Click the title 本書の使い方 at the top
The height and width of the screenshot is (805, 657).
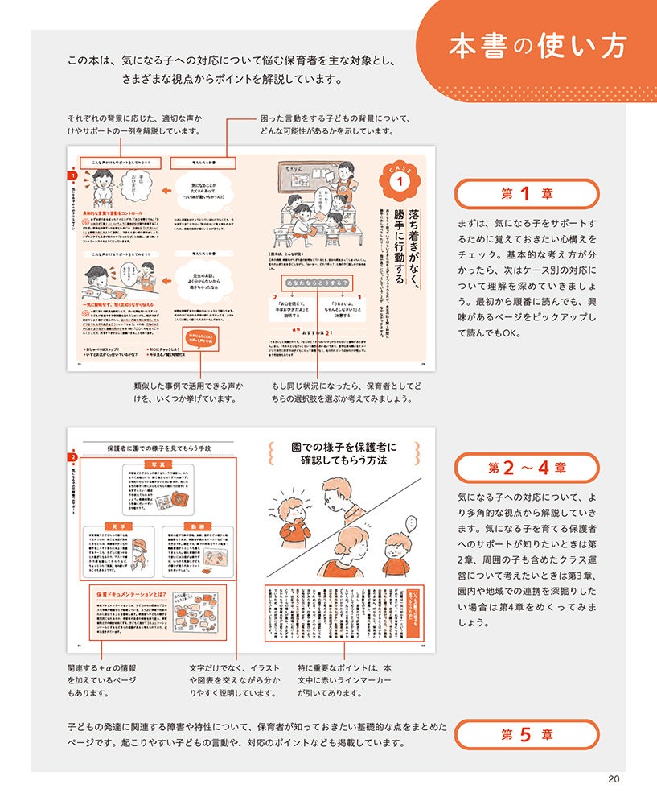537,46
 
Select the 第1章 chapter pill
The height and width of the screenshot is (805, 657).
527,194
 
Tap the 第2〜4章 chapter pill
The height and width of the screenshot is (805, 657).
527,468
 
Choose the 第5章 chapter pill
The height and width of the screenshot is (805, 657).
527,733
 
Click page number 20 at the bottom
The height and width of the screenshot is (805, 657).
614,778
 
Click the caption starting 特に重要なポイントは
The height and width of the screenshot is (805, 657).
344,680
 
